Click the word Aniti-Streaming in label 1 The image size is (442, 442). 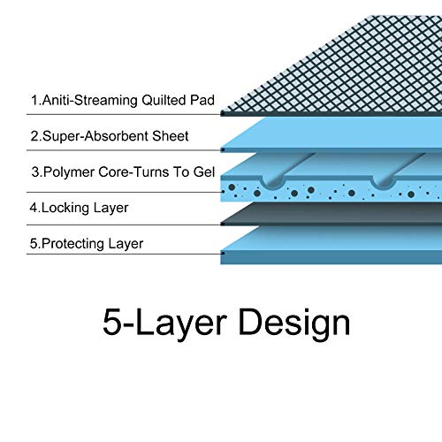90,100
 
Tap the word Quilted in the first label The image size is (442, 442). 164,100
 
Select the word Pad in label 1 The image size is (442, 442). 202,100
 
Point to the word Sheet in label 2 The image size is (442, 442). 171,136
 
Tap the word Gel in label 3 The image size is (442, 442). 204,172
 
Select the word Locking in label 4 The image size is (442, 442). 65,209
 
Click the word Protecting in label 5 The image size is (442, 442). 72,244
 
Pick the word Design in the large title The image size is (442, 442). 294,323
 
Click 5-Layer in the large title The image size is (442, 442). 165,323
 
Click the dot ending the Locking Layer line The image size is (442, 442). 223,225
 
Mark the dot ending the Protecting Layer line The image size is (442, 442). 223,253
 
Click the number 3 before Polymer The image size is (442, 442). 35,172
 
